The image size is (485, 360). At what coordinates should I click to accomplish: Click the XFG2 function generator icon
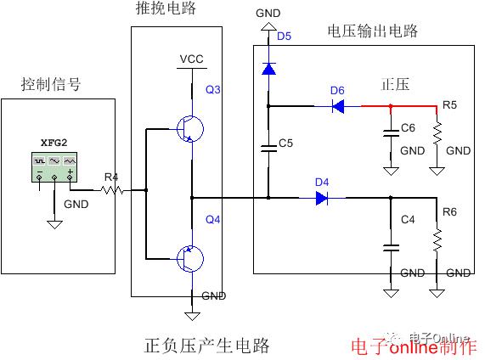pos(54,167)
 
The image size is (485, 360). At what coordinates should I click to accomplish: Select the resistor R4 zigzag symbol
pos(112,190)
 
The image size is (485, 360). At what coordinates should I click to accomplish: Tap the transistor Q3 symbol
pos(190,129)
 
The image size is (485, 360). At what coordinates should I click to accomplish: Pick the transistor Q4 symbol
pos(190,259)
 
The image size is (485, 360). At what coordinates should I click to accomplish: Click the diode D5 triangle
pos(268,69)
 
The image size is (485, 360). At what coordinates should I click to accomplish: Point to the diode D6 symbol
pos(338,106)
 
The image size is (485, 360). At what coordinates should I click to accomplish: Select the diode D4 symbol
pos(322,198)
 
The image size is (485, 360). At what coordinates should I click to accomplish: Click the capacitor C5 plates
pos(268,149)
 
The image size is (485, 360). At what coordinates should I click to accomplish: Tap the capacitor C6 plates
pos(391,133)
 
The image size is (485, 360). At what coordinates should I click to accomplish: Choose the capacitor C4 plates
pos(391,248)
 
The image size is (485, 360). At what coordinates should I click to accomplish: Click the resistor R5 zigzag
pos(437,133)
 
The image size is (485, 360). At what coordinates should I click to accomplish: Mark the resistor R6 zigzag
pos(437,240)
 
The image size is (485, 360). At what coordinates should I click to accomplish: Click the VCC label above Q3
pos(191,59)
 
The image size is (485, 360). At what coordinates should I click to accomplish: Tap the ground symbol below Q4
pos(192,316)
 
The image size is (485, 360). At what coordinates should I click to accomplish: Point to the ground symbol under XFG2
pos(54,224)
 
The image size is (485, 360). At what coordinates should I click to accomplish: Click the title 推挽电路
pos(166,8)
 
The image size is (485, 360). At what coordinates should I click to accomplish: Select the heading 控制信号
pos(51,84)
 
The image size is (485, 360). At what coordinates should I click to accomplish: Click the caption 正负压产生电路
pos(206,346)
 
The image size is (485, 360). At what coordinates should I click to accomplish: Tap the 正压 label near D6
pos(395,84)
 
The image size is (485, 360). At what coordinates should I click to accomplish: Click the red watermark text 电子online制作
pos(414,347)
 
